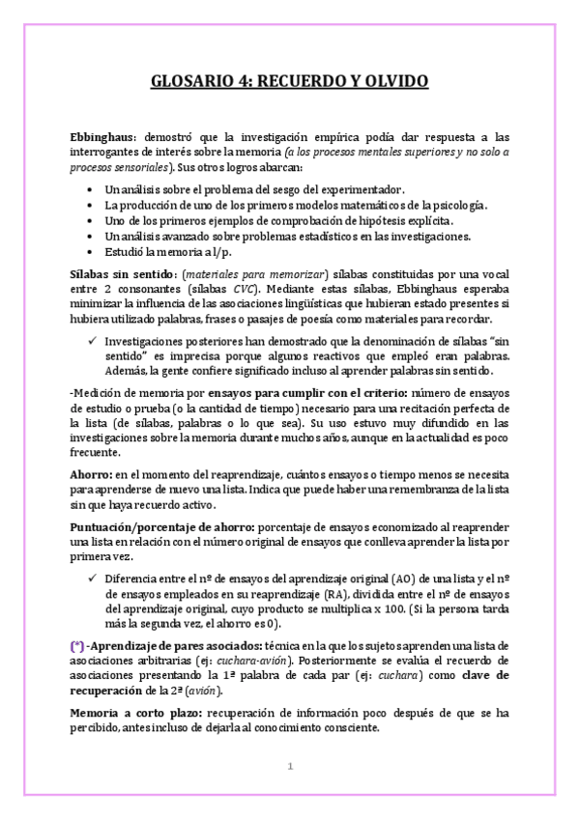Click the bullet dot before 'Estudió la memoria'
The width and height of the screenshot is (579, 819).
coord(90,251)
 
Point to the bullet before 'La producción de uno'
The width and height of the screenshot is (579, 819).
coord(90,206)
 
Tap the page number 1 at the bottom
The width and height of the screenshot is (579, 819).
coord(288,767)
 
